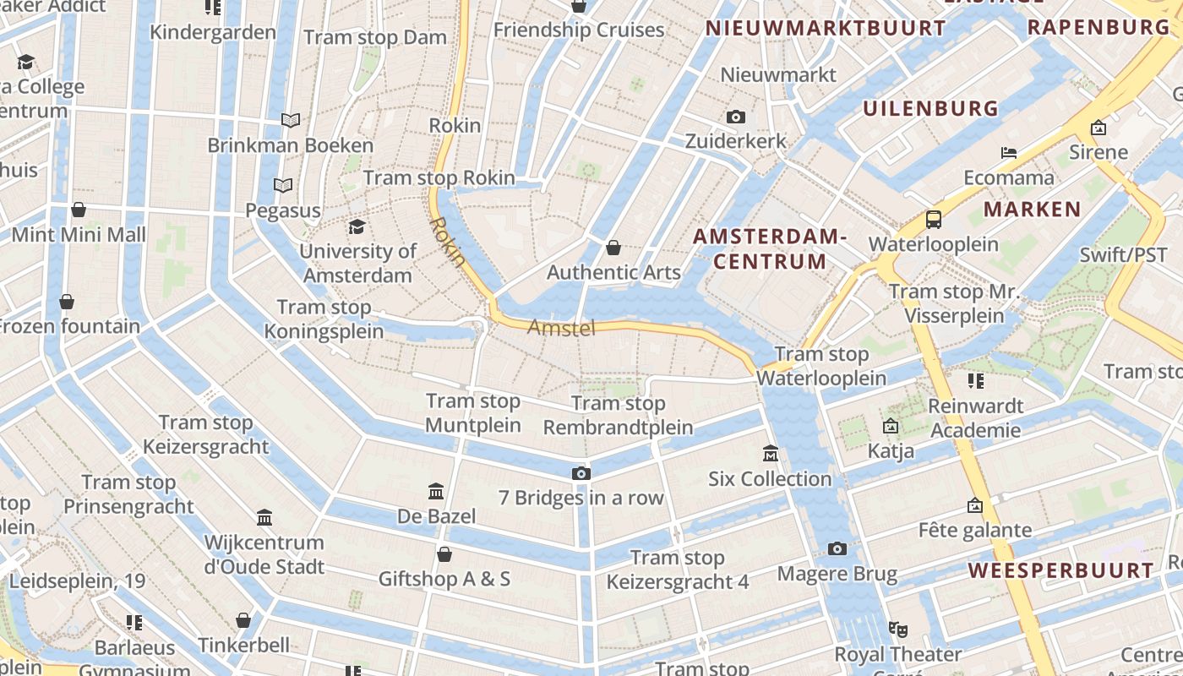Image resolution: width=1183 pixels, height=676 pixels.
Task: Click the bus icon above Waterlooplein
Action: point(934,220)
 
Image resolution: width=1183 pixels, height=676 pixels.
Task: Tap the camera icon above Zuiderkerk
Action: point(735,117)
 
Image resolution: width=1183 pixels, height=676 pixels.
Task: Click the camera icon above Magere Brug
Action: point(837,549)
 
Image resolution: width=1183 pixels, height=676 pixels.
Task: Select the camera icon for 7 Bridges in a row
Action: point(581,473)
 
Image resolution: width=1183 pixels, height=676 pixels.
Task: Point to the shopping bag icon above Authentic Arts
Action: point(613,248)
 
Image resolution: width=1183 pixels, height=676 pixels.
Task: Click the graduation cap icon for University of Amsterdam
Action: point(357,226)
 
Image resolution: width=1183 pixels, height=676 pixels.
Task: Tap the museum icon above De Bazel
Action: point(436,491)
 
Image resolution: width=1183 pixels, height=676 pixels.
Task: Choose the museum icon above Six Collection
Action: point(770,454)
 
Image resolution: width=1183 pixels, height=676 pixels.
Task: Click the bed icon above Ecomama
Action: point(1008,153)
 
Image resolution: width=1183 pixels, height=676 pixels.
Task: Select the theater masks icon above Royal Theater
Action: point(897,629)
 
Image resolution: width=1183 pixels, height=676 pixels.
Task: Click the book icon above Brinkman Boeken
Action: point(291,121)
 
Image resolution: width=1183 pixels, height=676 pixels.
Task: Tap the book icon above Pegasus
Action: point(283,185)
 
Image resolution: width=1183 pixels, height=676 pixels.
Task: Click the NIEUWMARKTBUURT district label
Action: point(826,28)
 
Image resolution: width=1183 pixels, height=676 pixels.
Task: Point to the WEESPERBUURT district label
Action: point(1060,570)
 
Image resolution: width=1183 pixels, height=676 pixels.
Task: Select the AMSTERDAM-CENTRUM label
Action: point(769,248)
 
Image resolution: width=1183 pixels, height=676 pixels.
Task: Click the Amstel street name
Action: point(561,328)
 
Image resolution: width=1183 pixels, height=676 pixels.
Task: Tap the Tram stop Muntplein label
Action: point(473,412)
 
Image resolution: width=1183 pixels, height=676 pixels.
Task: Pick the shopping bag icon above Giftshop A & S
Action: point(444,554)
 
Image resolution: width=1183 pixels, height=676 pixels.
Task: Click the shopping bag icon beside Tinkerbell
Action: point(243,621)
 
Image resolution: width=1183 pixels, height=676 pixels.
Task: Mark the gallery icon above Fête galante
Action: point(974,506)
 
